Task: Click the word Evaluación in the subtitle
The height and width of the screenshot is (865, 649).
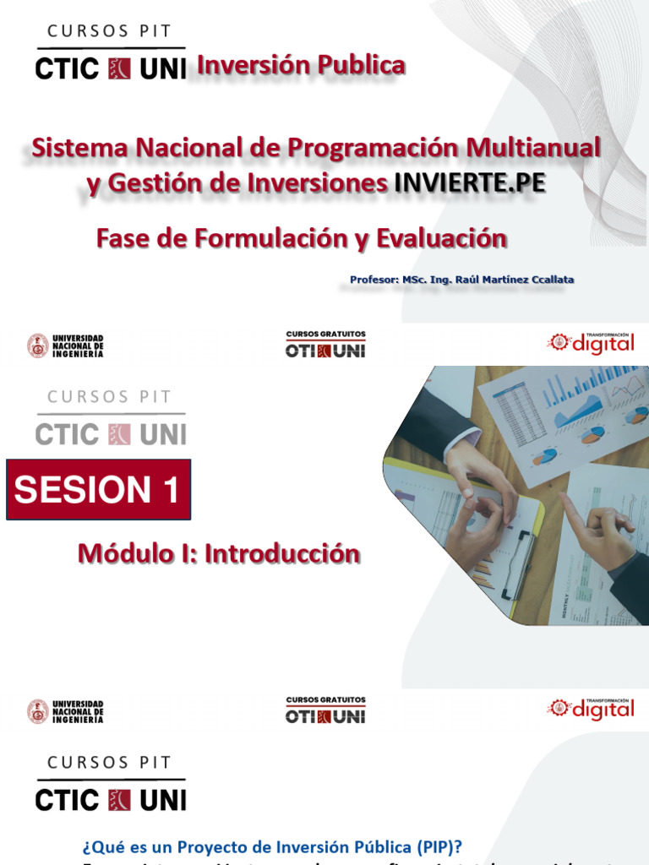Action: click(x=442, y=239)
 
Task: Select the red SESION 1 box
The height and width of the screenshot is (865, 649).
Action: click(x=98, y=490)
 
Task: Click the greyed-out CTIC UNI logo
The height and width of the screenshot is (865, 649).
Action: click(x=111, y=434)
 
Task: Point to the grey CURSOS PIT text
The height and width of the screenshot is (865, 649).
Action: click(x=110, y=397)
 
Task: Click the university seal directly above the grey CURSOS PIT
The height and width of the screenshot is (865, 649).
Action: click(x=37, y=345)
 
